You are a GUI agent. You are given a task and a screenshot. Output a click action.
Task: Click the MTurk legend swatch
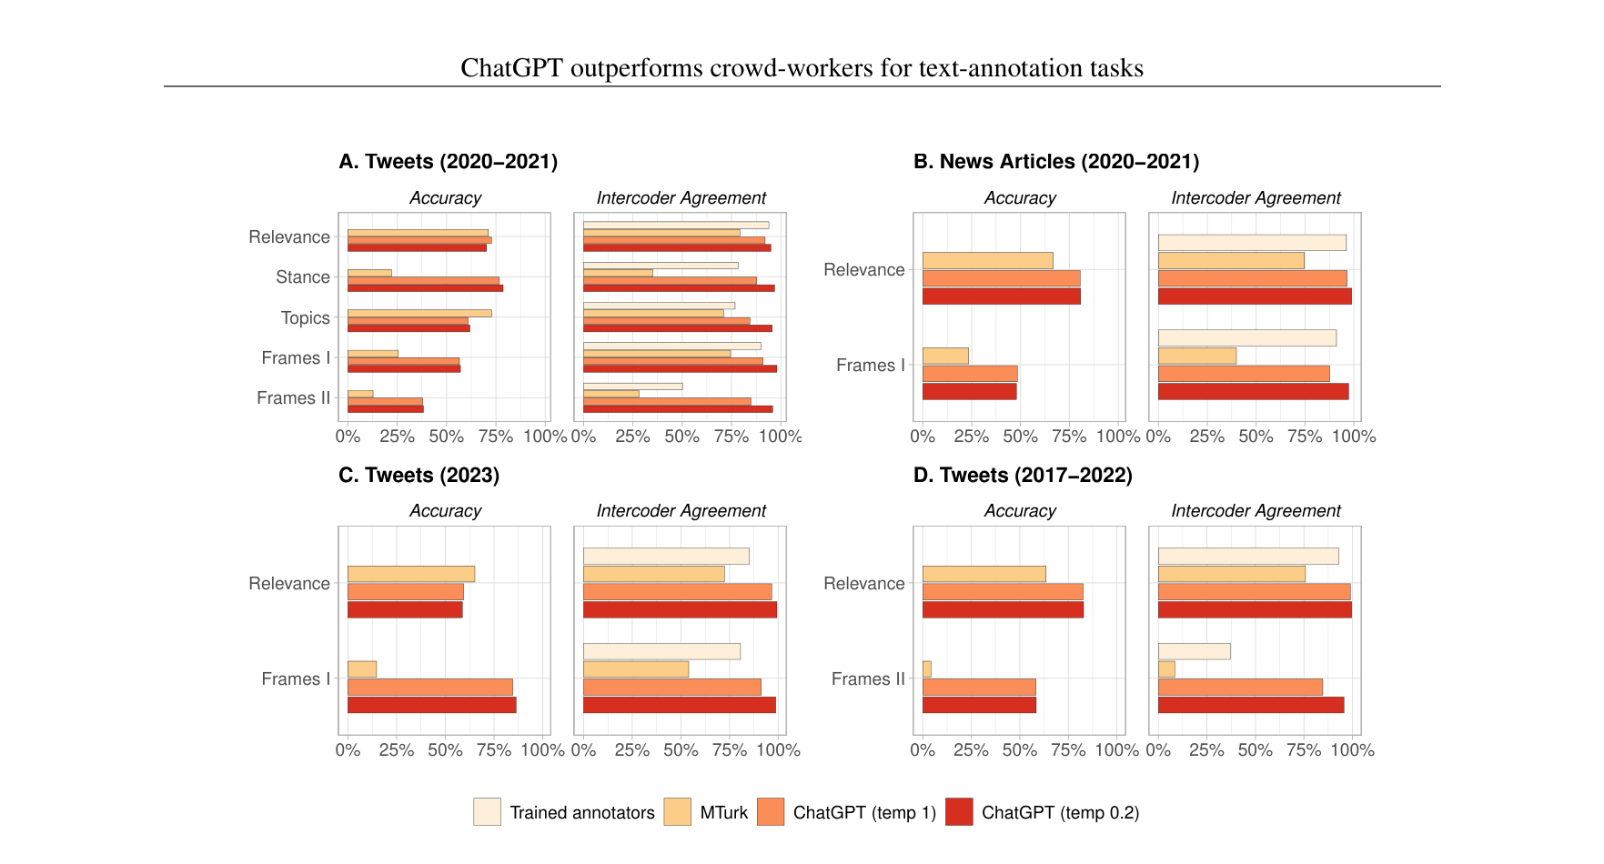677,812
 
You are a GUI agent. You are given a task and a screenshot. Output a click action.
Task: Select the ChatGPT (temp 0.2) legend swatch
959,812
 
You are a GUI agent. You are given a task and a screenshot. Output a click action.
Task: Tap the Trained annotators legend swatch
487,812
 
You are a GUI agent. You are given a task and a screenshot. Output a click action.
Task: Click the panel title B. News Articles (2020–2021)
1055,162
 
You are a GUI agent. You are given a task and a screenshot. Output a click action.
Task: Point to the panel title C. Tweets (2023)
419,476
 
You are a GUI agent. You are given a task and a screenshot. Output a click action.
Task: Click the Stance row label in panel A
303,277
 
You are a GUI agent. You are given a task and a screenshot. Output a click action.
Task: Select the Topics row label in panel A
305,318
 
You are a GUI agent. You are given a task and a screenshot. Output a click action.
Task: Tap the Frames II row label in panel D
867,679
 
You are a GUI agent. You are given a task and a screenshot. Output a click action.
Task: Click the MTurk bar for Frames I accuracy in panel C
362,669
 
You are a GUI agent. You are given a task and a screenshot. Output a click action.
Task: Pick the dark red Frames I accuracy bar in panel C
431,705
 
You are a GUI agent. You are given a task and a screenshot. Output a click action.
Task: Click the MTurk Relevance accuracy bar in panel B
987,260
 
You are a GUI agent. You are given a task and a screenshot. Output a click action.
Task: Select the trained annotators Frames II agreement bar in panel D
1194,651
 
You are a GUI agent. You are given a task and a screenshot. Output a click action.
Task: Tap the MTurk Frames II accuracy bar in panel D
926,669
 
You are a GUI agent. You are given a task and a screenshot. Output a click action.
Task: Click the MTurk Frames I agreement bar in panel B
1196,356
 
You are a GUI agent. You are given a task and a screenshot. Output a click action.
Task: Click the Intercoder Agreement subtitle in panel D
1256,511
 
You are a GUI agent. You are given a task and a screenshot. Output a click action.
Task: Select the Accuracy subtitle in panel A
445,198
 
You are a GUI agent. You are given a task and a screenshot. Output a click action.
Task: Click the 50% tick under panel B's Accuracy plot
1020,437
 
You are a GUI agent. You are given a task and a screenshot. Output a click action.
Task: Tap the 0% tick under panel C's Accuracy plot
348,750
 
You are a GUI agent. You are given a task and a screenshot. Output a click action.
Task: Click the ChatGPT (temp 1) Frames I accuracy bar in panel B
970,374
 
